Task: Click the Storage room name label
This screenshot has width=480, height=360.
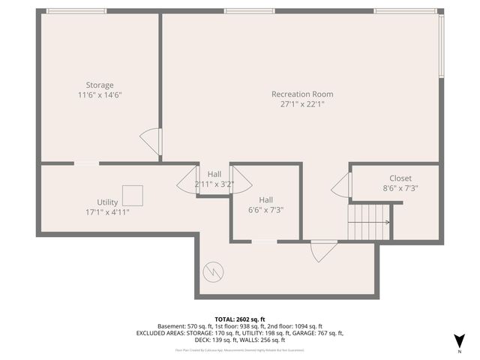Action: [x=99, y=85]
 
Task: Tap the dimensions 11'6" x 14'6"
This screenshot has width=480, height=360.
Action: [x=99, y=95]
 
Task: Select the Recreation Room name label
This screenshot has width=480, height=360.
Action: [x=301, y=94]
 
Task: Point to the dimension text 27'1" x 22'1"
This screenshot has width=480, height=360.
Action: [x=301, y=104]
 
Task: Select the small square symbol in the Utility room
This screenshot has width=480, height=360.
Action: [x=133, y=195]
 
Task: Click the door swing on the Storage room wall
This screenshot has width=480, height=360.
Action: [x=151, y=141]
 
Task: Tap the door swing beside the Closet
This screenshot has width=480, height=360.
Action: [x=342, y=185]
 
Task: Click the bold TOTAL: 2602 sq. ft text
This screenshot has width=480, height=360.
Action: [x=239, y=319]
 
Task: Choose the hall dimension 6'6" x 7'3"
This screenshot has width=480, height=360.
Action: [x=265, y=211]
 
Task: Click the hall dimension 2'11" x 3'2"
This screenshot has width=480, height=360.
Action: [x=214, y=184]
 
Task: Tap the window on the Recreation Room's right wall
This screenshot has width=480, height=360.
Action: [x=442, y=45]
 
